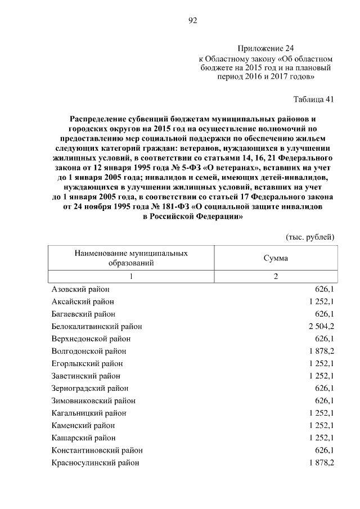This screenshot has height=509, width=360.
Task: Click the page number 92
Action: pyautogui.click(x=192, y=21)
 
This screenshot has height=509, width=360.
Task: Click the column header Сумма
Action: pyautogui.click(x=276, y=258)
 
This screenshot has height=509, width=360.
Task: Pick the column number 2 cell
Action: pyautogui.click(x=276, y=276)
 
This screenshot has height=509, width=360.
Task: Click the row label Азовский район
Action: pyautogui.click(x=80, y=289)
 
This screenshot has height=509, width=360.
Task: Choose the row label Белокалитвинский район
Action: pyautogui.click(x=96, y=326)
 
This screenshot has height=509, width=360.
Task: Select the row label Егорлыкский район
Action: pyautogui.click(x=87, y=363)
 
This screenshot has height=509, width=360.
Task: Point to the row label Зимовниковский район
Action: pyautogui.click(x=93, y=400)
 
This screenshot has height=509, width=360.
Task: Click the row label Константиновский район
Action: pyautogui.click(x=97, y=450)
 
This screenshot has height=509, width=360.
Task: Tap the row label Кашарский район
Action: pyautogui.click(x=84, y=438)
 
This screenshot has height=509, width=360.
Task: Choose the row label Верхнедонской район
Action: pyautogui.click(x=91, y=339)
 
